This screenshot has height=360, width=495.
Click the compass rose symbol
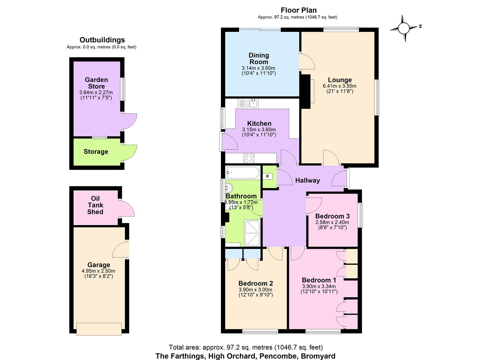(x=404, y=28)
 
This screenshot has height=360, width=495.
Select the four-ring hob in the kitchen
(x=249, y=158)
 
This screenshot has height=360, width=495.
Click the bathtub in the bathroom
(x=242, y=173)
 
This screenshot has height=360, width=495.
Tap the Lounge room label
(x=340, y=80)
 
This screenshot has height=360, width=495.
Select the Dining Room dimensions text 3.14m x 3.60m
(x=258, y=68)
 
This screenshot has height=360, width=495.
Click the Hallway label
(x=307, y=180)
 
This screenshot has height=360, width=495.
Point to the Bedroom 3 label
(x=332, y=216)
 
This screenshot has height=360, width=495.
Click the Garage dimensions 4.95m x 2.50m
(x=98, y=271)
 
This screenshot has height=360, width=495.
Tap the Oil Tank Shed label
(x=95, y=205)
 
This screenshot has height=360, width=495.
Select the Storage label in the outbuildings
(x=96, y=152)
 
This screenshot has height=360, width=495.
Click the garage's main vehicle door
(x=99, y=329)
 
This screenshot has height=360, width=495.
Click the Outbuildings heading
(x=102, y=40)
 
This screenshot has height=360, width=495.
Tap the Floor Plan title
(x=298, y=10)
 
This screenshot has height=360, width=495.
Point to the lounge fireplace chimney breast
(x=305, y=91)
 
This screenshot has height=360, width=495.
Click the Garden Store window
(x=123, y=89)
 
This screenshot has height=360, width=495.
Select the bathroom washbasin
(x=229, y=188)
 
